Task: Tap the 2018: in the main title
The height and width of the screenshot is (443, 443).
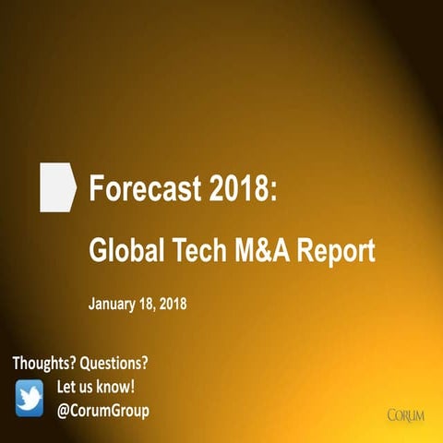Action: (241, 190)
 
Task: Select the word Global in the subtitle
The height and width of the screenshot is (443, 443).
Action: (124, 251)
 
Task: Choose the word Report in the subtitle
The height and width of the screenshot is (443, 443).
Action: (333, 251)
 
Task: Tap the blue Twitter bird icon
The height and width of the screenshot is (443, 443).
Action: (30, 397)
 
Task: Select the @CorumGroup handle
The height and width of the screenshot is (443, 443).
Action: (103, 410)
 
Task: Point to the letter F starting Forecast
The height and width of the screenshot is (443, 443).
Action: (96, 190)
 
